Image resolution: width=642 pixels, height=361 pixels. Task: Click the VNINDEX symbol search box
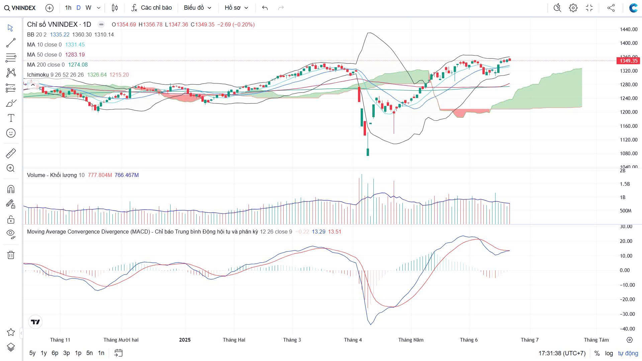pyautogui.click(x=20, y=8)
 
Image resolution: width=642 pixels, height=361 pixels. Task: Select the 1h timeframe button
pyautogui.click(x=68, y=8)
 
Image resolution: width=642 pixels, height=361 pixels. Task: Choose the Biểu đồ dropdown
pyautogui.click(x=197, y=8)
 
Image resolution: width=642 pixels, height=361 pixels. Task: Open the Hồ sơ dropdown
pyautogui.click(x=236, y=8)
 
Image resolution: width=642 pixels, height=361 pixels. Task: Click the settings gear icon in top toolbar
pyautogui.click(x=573, y=8)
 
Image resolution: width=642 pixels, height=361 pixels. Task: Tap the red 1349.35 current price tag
pyautogui.click(x=628, y=61)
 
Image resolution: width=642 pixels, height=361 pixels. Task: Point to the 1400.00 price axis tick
pyautogui.click(x=628, y=43)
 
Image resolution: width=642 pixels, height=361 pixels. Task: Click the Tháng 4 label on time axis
pyautogui.click(x=353, y=340)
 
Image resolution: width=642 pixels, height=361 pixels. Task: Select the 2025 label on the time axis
pyautogui.click(x=185, y=340)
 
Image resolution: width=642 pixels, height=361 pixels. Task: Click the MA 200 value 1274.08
pyautogui.click(x=78, y=65)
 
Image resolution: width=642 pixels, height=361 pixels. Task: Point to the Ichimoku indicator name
pyautogui.click(x=38, y=75)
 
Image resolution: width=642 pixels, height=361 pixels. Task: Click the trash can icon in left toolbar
pyautogui.click(x=11, y=255)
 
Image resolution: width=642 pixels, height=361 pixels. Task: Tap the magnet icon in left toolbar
pyautogui.click(x=11, y=189)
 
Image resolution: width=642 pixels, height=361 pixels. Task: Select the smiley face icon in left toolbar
pyautogui.click(x=11, y=133)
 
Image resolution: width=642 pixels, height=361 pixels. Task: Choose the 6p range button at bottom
pyautogui.click(x=55, y=353)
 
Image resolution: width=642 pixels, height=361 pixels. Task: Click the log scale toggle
pyautogui.click(x=609, y=353)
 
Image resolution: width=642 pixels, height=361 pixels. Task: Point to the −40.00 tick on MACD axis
pyautogui.click(x=626, y=329)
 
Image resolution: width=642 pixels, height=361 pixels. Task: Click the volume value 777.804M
pyautogui.click(x=100, y=175)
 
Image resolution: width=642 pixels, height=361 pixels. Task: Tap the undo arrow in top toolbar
pyautogui.click(x=265, y=8)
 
